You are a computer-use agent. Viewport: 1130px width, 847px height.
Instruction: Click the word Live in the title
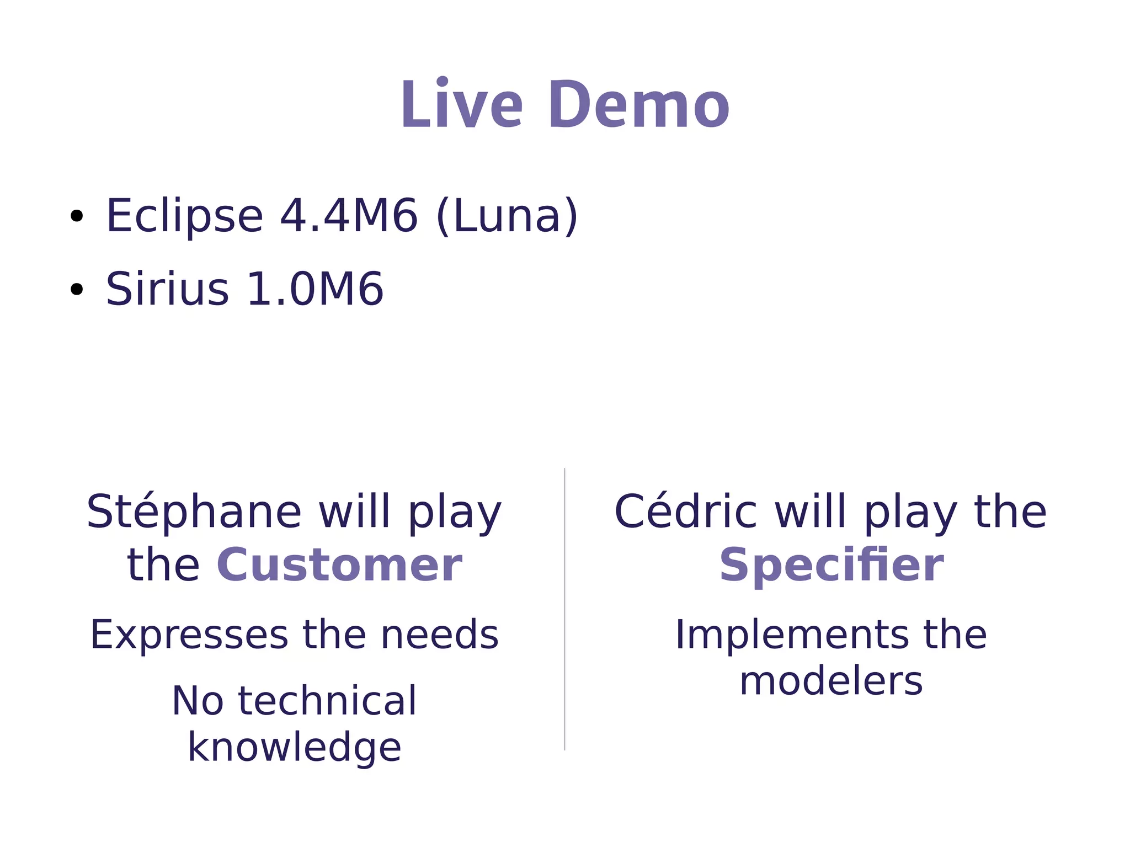[x=461, y=105]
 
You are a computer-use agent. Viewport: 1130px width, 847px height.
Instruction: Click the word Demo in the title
[x=638, y=105]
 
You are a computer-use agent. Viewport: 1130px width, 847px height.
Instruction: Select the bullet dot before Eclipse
[x=77, y=216]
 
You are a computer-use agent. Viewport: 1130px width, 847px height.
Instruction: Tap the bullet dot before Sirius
[x=77, y=289]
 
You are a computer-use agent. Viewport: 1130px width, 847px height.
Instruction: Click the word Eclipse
[x=184, y=216]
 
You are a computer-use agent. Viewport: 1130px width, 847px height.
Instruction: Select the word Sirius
[x=167, y=289]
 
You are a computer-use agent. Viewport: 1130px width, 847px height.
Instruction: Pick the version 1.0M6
[x=315, y=289]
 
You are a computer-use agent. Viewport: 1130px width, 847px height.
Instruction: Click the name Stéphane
[x=194, y=513]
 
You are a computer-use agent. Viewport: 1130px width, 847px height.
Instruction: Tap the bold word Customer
[x=339, y=566]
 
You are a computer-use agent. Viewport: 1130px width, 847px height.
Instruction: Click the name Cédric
[x=685, y=513]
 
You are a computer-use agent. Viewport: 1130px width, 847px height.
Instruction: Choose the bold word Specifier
[x=831, y=566]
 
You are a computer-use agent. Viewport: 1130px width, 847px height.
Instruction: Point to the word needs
[x=440, y=635]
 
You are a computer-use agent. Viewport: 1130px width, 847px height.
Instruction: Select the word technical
[x=327, y=701]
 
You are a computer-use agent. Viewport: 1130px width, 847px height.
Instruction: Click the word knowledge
[x=294, y=748]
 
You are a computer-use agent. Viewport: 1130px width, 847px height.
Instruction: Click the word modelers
[x=831, y=681]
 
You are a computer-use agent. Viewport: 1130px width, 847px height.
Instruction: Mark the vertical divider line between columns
[x=564, y=607]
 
